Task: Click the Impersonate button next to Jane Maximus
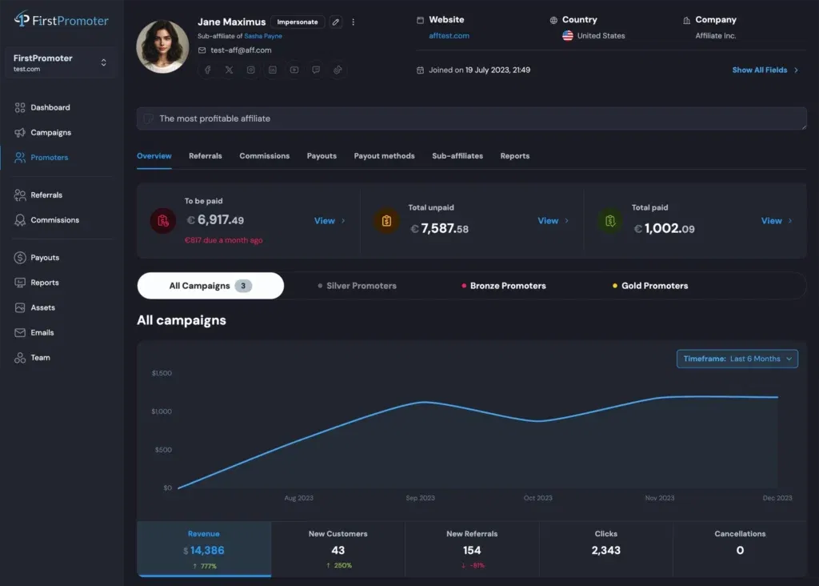pyautogui.click(x=297, y=22)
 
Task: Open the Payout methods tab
pyautogui.click(x=384, y=156)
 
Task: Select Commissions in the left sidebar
pyautogui.click(x=54, y=220)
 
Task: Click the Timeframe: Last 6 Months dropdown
pyautogui.click(x=737, y=359)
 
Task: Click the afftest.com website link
pyautogui.click(x=449, y=36)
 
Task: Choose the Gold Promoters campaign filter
pyautogui.click(x=654, y=286)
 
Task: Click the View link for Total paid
pyautogui.click(x=771, y=221)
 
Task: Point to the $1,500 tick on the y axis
pyautogui.click(x=161, y=373)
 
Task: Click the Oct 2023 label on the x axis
pyautogui.click(x=537, y=498)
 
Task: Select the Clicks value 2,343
pyautogui.click(x=605, y=550)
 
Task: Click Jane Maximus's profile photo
pyautogui.click(x=163, y=46)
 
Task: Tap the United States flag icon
pyautogui.click(x=568, y=36)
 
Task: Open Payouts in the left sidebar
pyautogui.click(x=45, y=258)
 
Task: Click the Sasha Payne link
pyautogui.click(x=263, y=36)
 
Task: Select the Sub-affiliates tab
pyautogui.click(x=457, y=156)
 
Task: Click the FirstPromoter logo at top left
pyautogui.click(x=61, y=20)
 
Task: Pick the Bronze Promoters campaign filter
pyautogui.click(x=508, y=286)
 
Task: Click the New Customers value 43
pyautogui.click(x=338, y=550)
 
